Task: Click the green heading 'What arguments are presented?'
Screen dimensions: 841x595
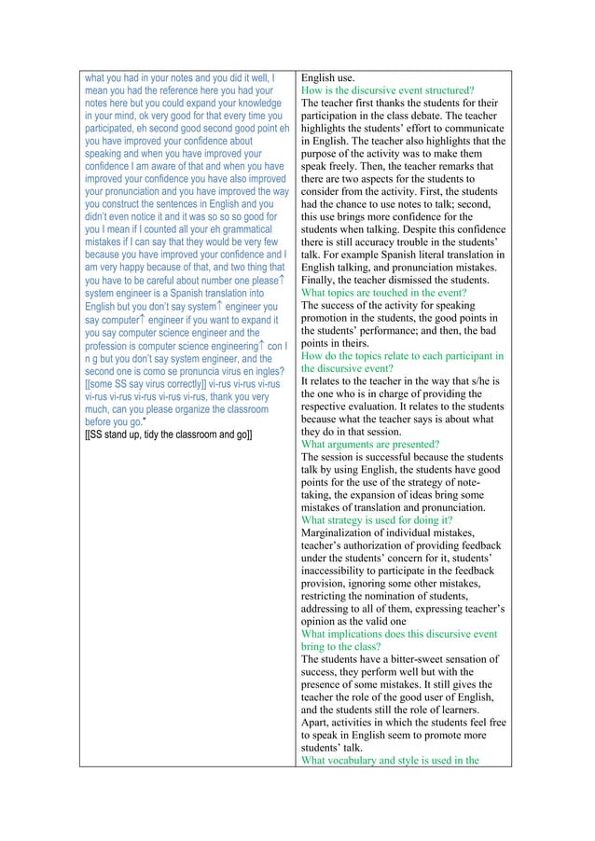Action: point(370,445)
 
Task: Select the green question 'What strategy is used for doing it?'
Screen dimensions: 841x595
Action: point(377,519)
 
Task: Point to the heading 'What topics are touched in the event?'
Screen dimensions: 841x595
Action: point(383,292)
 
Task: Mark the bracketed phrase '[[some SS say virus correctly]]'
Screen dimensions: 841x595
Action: point(144,381)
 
